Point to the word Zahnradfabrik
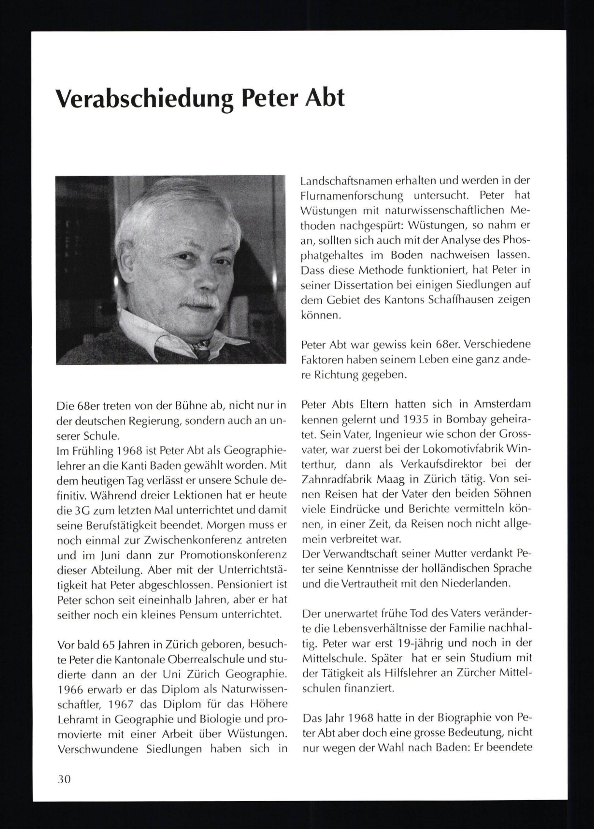click(339, 479)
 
